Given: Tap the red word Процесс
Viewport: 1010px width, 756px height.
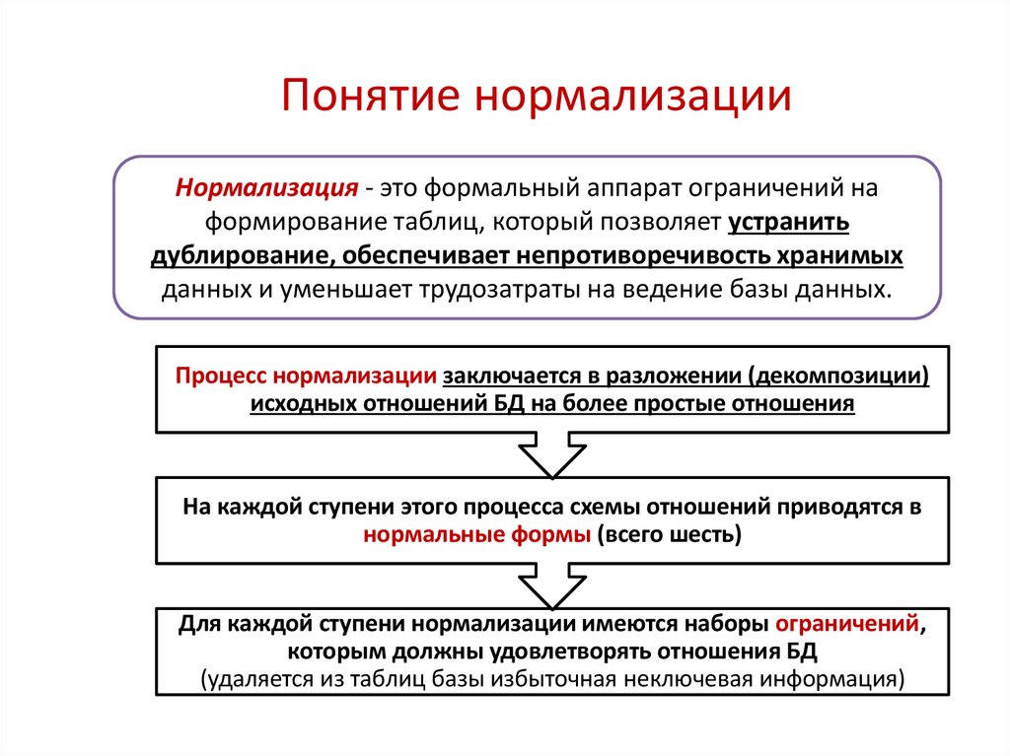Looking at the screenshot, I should (x=221, y=377).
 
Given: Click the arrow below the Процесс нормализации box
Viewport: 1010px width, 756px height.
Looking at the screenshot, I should (x=552, y=454).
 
